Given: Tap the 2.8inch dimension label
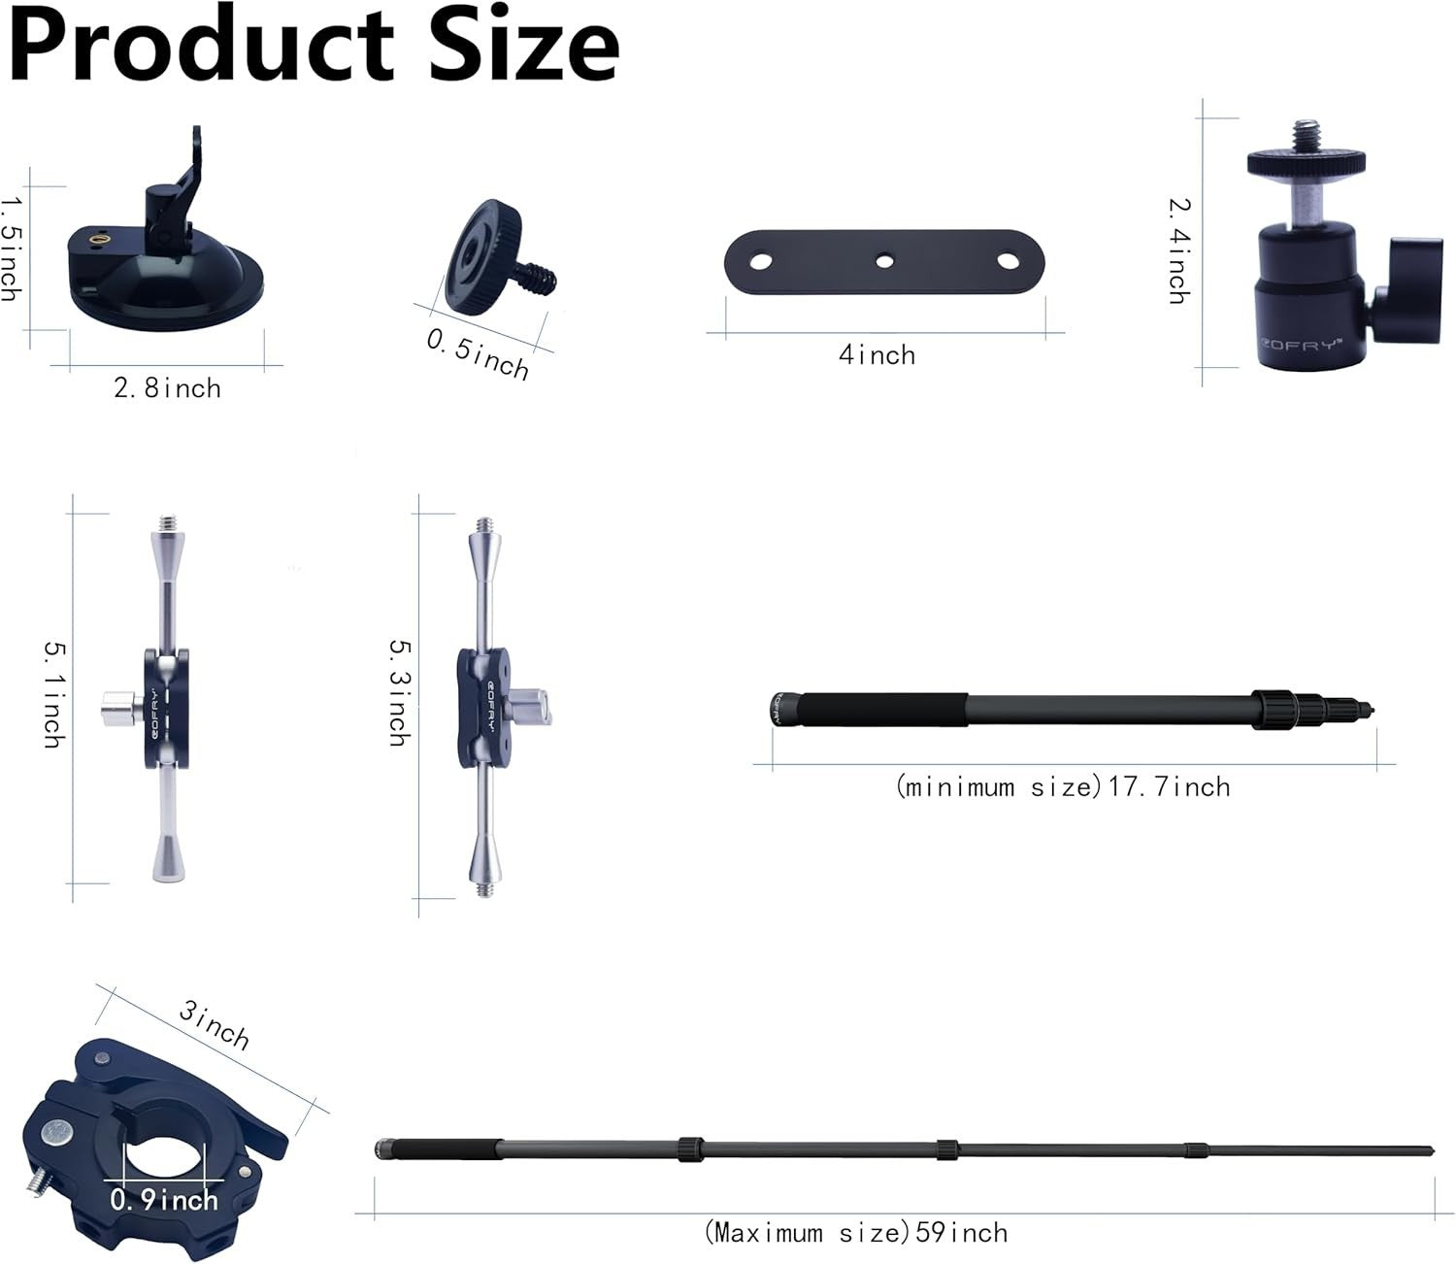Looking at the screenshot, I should [x=167, y=388].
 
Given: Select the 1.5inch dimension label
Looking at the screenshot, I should [x=12, y=248].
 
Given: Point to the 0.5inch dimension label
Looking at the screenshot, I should [x=478, y=354].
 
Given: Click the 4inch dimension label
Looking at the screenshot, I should [x=877, y=355].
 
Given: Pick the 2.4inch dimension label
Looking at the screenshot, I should [x=1178, y=250].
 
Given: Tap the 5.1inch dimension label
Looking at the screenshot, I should [x=54, y=693].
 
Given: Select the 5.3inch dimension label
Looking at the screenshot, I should [x=398, y=691].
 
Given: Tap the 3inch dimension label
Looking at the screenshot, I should [x=215, y=1025].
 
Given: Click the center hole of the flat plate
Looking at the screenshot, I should [x=884, y=260].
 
